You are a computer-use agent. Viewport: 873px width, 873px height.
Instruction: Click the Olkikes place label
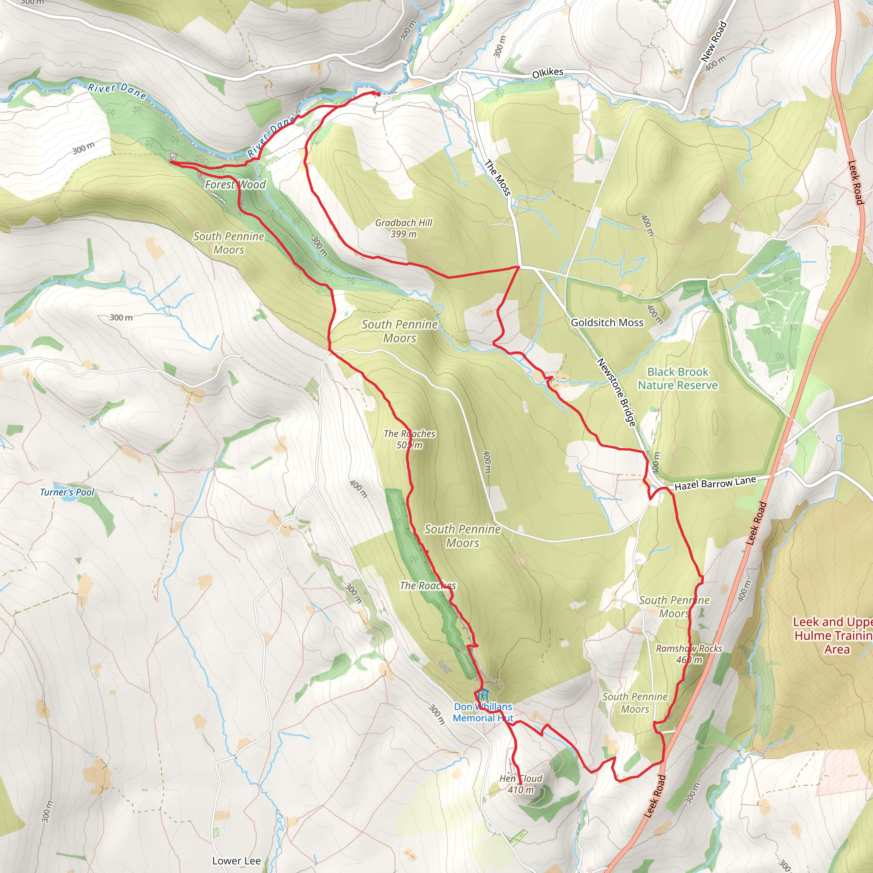[547, 72]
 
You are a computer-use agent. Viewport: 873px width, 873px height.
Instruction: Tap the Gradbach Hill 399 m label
[404, 228]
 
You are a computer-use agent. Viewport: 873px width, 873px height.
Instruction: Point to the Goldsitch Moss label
[607, 322]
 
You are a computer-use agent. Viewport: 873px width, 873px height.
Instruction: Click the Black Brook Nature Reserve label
[677, 378]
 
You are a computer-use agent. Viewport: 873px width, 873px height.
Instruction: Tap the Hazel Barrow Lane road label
[715, 483]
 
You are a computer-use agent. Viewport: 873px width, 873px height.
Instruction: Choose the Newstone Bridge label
[617, 392]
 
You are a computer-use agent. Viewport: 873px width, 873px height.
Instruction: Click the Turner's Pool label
[67, 492]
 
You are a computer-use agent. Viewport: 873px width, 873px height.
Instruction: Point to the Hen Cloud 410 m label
[520, 784]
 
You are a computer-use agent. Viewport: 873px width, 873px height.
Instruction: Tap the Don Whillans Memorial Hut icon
[483, 694]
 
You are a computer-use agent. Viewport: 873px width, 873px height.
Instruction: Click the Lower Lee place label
[236, 861]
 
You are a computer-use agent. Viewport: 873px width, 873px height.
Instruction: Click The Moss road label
[497, 178]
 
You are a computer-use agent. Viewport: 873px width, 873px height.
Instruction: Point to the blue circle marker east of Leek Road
[839, 438]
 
